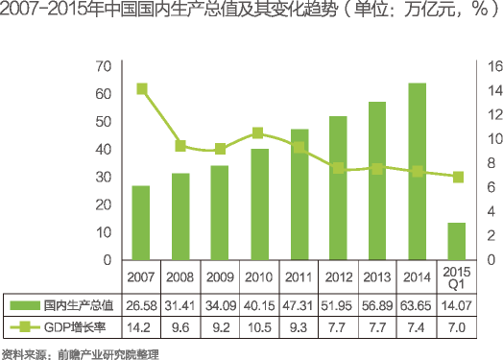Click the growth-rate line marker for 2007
(x=141, y=89)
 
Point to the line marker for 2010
(x=258, y=133)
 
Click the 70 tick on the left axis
(x=104, y=66)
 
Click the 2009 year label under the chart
(x=220, y=278)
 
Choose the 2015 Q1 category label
(x=457, y=278)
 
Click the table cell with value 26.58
(x=141, y=305)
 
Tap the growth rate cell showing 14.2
(x=141, y=328)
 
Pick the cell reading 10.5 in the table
(x=259, y=328)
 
